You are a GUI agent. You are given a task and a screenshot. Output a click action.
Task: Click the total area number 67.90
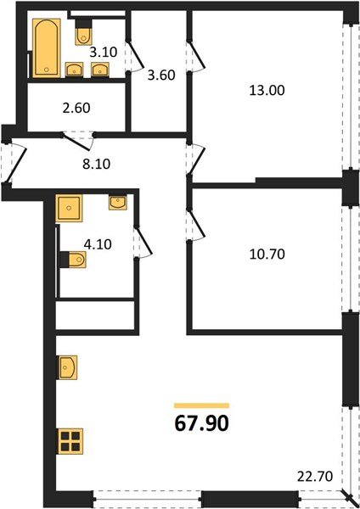pos(201,422)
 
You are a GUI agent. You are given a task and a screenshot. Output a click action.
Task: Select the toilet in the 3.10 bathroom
pos(83,33)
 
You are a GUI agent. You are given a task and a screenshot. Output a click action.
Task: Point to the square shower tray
pos(68,208)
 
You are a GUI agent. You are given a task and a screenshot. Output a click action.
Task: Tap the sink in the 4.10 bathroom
pos(116,202)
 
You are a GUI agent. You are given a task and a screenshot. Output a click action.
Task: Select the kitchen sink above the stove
pos(68,366)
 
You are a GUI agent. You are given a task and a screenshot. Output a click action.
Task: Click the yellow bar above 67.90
pos(201,406)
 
